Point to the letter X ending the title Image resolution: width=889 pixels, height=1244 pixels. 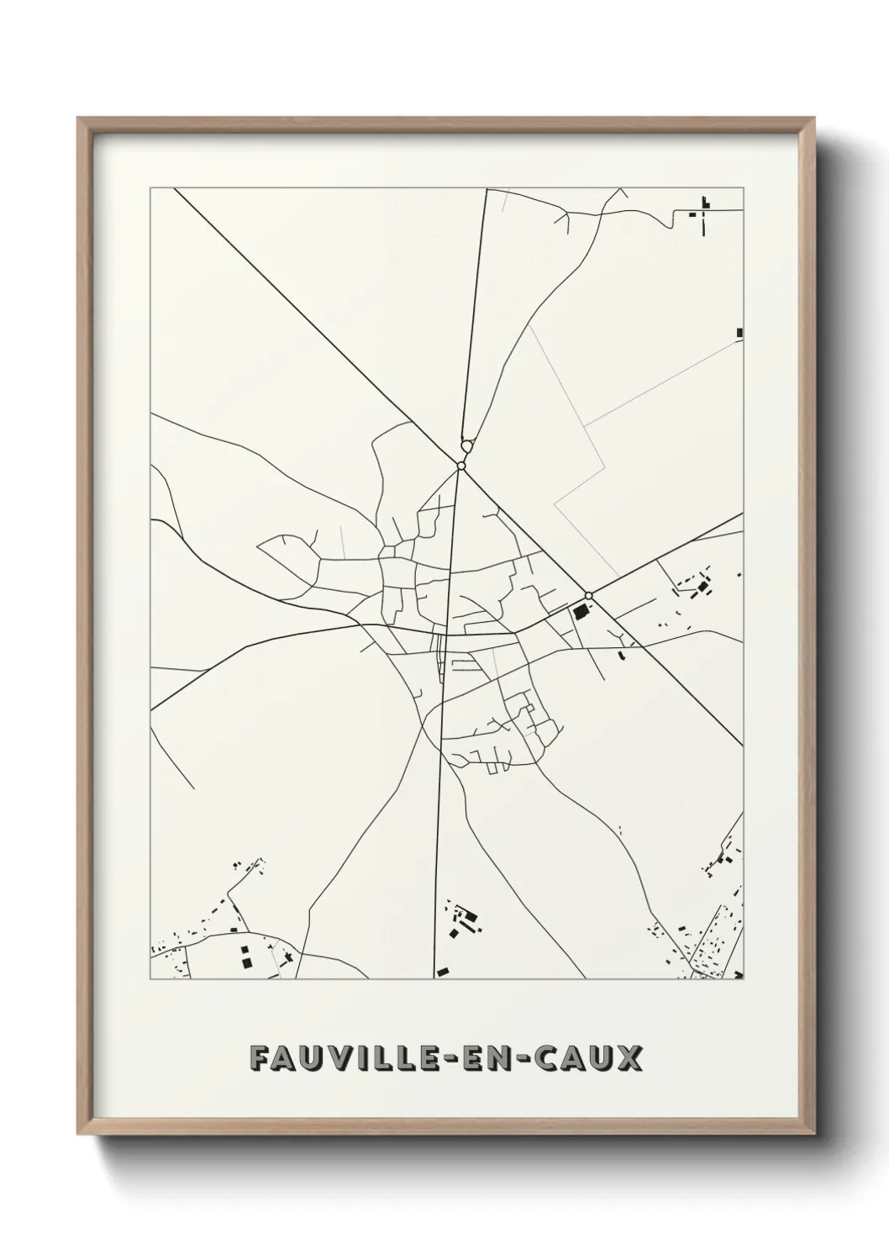click(x=631, y=1059)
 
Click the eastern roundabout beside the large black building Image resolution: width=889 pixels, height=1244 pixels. click(x=589, y=596)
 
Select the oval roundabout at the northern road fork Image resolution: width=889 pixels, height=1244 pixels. click(x=466, y=447)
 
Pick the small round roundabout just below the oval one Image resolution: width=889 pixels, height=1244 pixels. click(x=461, y=465)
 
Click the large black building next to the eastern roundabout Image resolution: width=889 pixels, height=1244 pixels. click(x=579, y=611)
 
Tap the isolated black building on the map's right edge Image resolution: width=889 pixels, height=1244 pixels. click(x=739, y=333)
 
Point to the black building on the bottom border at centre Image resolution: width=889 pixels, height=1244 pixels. click(x=442, y=972)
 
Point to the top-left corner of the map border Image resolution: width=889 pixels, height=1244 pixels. click(x=150, y=188)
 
